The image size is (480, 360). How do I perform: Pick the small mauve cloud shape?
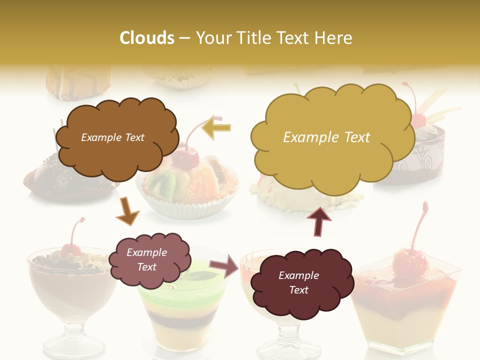pos(149,260)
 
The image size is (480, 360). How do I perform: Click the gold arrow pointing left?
pos(216,127)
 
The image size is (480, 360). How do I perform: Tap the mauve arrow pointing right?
pos(224,265)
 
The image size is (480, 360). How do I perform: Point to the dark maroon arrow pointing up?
pos(318,221)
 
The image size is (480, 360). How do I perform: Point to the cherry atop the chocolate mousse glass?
pos(70,249)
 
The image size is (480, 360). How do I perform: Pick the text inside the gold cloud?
pos(326,137)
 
